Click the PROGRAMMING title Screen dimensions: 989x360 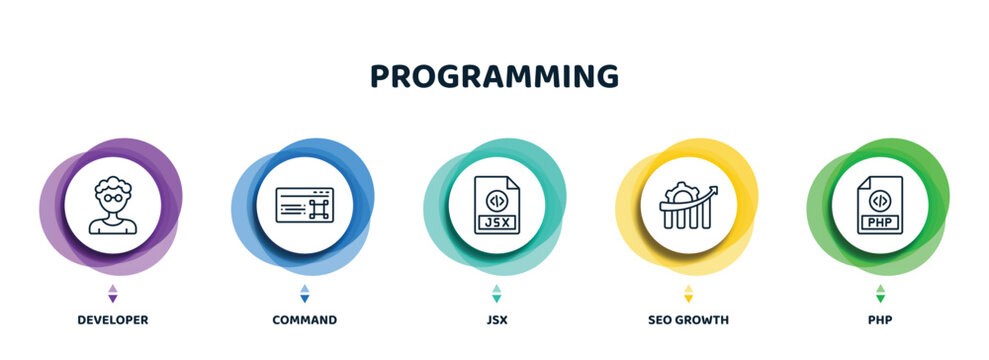point(494,76)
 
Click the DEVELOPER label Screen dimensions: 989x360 point(112,320)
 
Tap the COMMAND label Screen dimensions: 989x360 point(304,320)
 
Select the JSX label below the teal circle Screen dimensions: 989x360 point(496,320)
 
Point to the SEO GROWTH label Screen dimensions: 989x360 point(688,320)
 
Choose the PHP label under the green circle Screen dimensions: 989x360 point(880,320)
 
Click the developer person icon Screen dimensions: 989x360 point(112,205)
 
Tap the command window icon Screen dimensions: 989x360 point(304,205)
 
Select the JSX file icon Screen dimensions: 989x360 point(496,205)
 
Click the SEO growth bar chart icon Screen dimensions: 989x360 point(688,205)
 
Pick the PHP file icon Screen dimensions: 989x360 point(880,205)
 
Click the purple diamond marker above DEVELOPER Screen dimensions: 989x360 point(112,293)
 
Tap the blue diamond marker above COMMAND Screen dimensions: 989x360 point(304,293)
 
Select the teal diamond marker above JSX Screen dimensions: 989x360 point(496,293)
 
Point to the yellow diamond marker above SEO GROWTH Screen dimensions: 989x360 point(688,293)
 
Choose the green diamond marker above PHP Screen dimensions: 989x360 point(880,293)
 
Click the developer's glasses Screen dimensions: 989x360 point(112,199)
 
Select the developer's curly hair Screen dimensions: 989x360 point(112,185)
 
